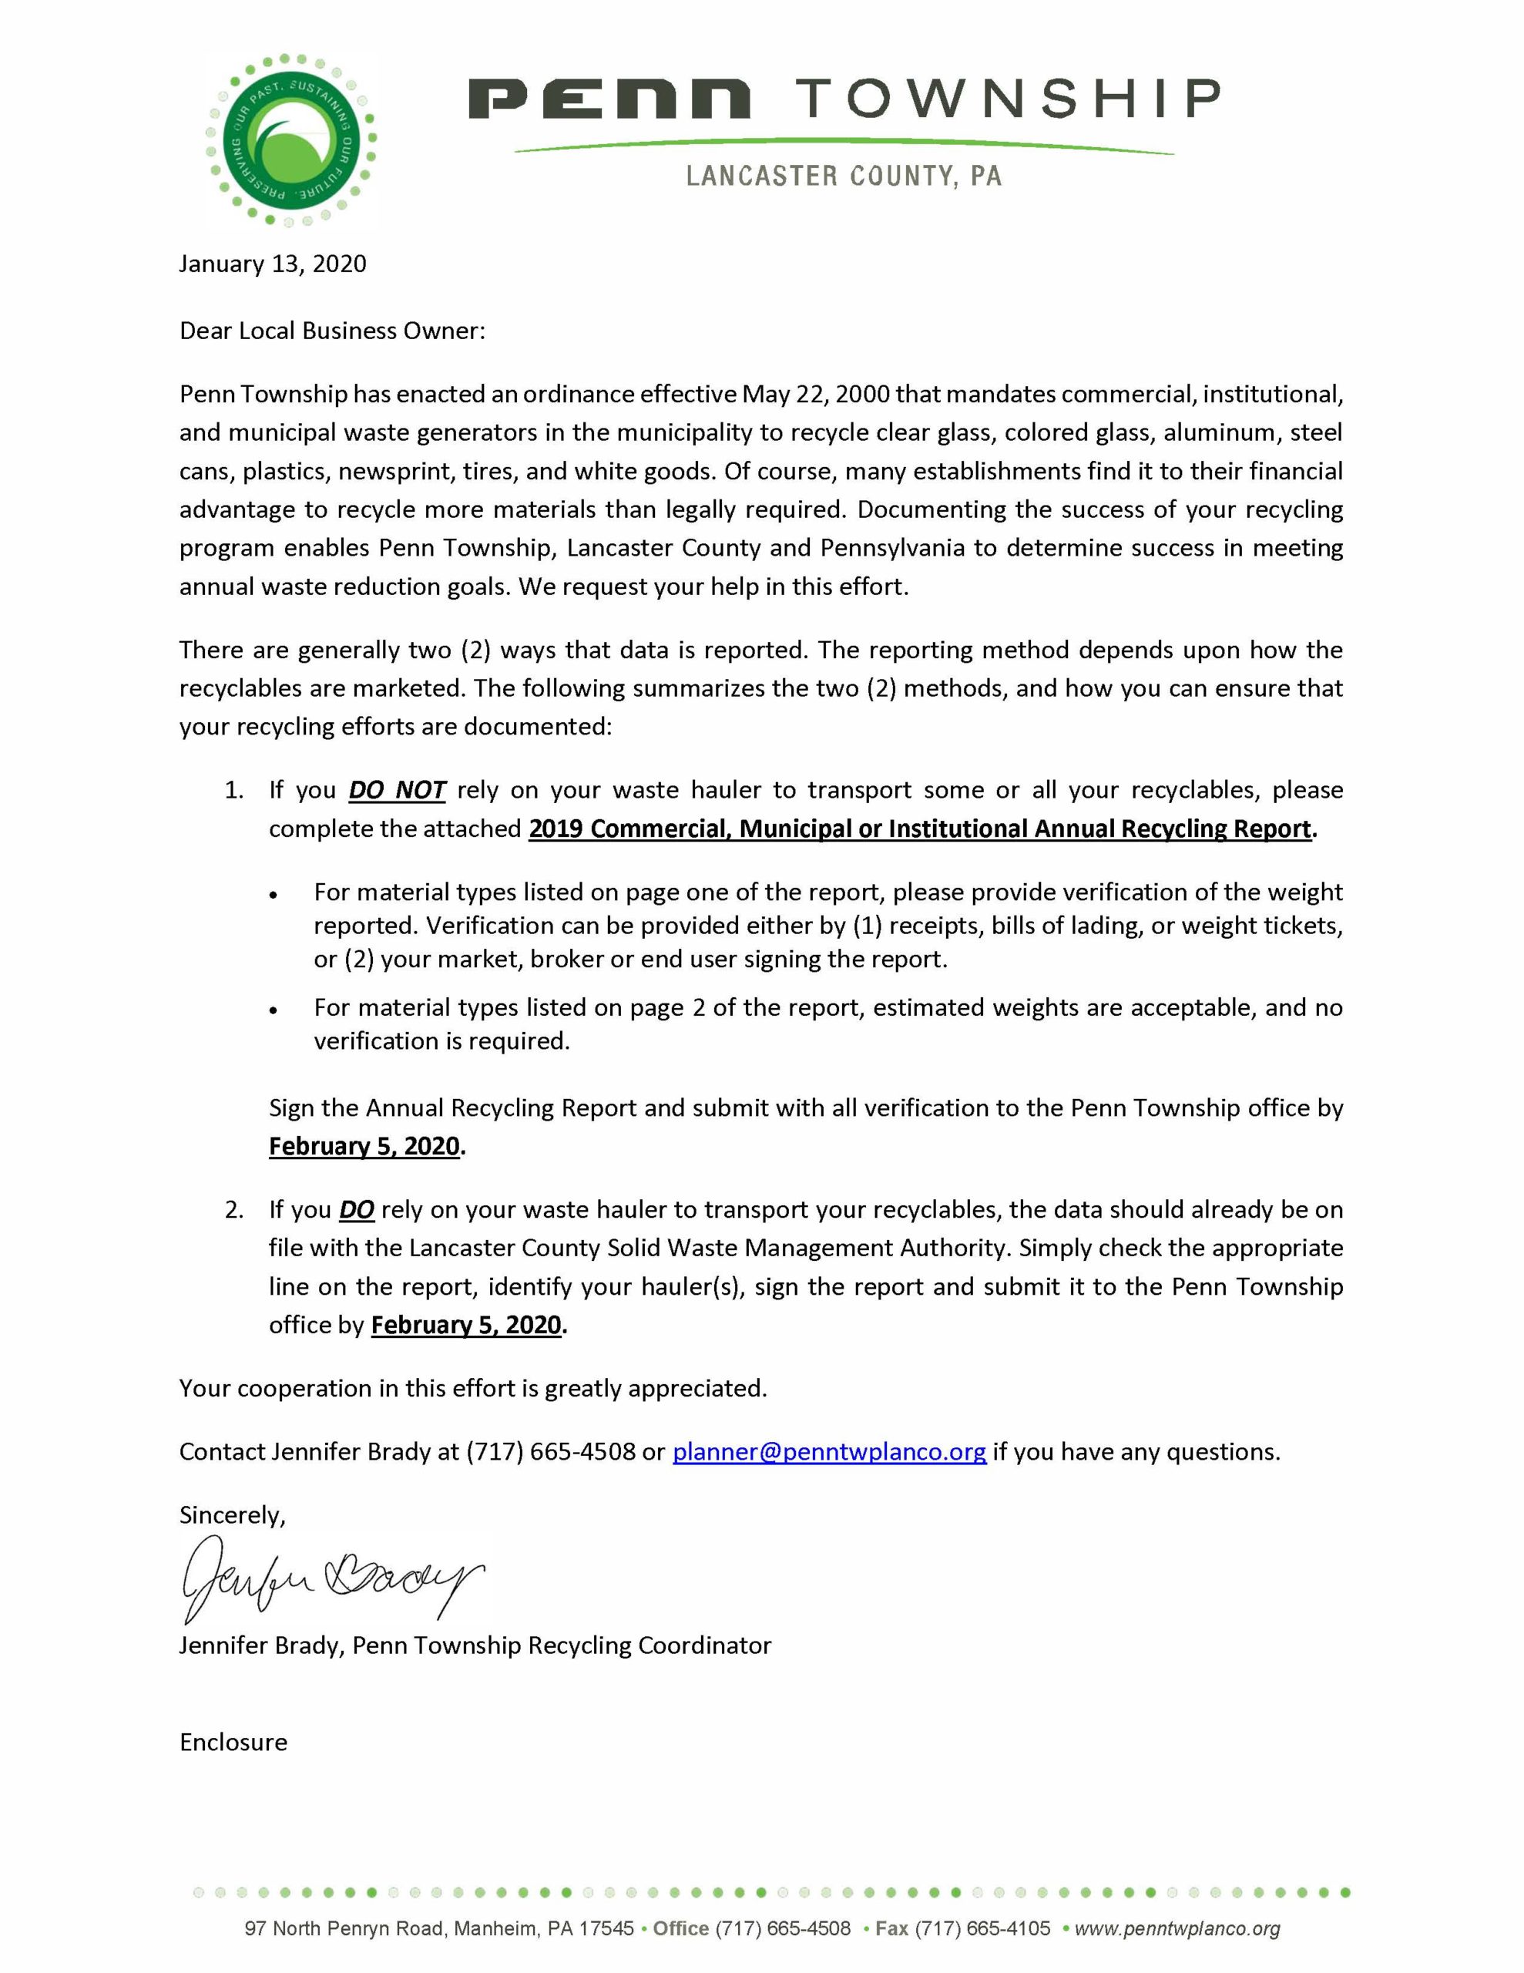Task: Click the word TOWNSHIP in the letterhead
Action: [1006, 99]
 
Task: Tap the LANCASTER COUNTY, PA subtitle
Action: [843, 175]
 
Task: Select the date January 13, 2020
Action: [272, 264]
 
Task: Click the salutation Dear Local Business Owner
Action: [331, 331]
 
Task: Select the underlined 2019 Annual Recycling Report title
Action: [920, 829]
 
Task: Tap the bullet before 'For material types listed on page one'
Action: [274, 894]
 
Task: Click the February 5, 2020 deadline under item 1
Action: [365, 1146]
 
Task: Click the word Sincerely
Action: [231, 1515]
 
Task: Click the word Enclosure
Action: [233, 1742]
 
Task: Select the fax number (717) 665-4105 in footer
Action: [982, 1929]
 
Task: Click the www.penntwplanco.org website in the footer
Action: [1177, 1929]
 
